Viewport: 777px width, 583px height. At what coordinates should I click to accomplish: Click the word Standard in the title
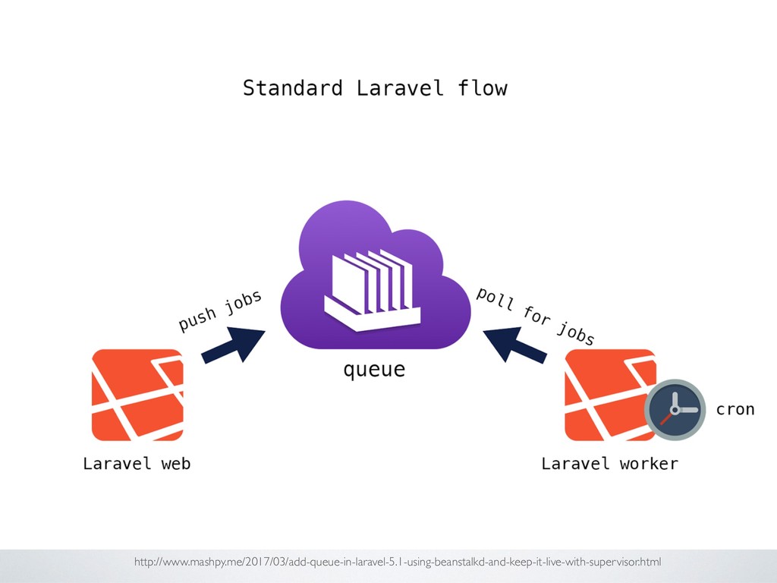click(292, 88)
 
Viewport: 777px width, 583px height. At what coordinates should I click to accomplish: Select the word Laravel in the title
click(400, 88)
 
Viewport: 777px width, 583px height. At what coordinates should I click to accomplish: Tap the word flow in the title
click(483, 88)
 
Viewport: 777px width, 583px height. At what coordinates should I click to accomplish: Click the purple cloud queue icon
click(376, 277)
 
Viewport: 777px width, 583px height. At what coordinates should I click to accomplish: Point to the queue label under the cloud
click(374, 370)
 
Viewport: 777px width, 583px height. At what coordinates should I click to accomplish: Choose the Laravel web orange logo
click(137, 395)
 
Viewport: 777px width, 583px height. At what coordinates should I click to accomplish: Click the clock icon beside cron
click(675, 409)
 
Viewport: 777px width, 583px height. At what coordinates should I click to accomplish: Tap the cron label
click(735, 409)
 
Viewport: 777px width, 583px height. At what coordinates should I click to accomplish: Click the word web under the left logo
click(175, 463)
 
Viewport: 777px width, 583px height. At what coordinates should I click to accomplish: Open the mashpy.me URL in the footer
click(398, 562)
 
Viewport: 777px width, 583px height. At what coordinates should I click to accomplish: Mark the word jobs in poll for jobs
click(575, 334)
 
